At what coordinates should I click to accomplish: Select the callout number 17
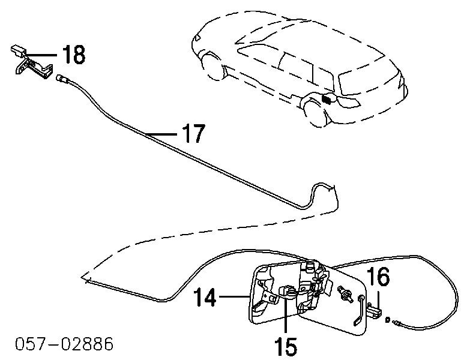(193, 133)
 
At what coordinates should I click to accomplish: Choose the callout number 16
(379, 277)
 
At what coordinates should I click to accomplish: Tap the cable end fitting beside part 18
(62, 77)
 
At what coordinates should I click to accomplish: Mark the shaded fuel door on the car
(328, 99)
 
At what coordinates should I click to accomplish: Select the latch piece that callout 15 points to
(288, 292)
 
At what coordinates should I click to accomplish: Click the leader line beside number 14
(232, 295)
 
